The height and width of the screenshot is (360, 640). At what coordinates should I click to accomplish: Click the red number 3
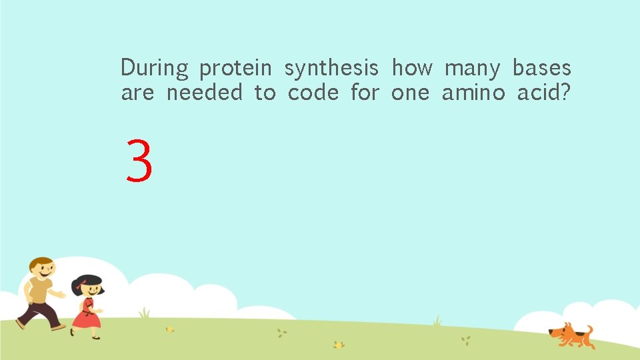click(x=139, y=161)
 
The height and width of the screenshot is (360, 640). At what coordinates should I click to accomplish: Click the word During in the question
click(x=154, y=68)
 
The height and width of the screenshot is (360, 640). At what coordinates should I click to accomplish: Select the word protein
click(x=235, y=69)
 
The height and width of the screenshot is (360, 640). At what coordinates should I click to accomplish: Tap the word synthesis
click(x=331, y=69)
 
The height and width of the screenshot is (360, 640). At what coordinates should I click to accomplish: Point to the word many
click(x=471, y=69)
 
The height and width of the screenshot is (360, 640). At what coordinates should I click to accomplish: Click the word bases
click(x=541, y=68)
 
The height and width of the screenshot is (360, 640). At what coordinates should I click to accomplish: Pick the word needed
click(x=204, y=93)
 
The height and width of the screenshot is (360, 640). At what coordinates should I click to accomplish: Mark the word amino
click(x=473, y=93)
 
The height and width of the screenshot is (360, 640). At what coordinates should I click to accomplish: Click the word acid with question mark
click(x=544, y=93)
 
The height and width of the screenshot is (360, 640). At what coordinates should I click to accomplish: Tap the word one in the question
click(x=410, y=93)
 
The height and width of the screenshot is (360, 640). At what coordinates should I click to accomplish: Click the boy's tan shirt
click(x=40, y=291)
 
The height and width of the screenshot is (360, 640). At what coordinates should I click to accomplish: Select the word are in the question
click(x=137, y=93)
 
